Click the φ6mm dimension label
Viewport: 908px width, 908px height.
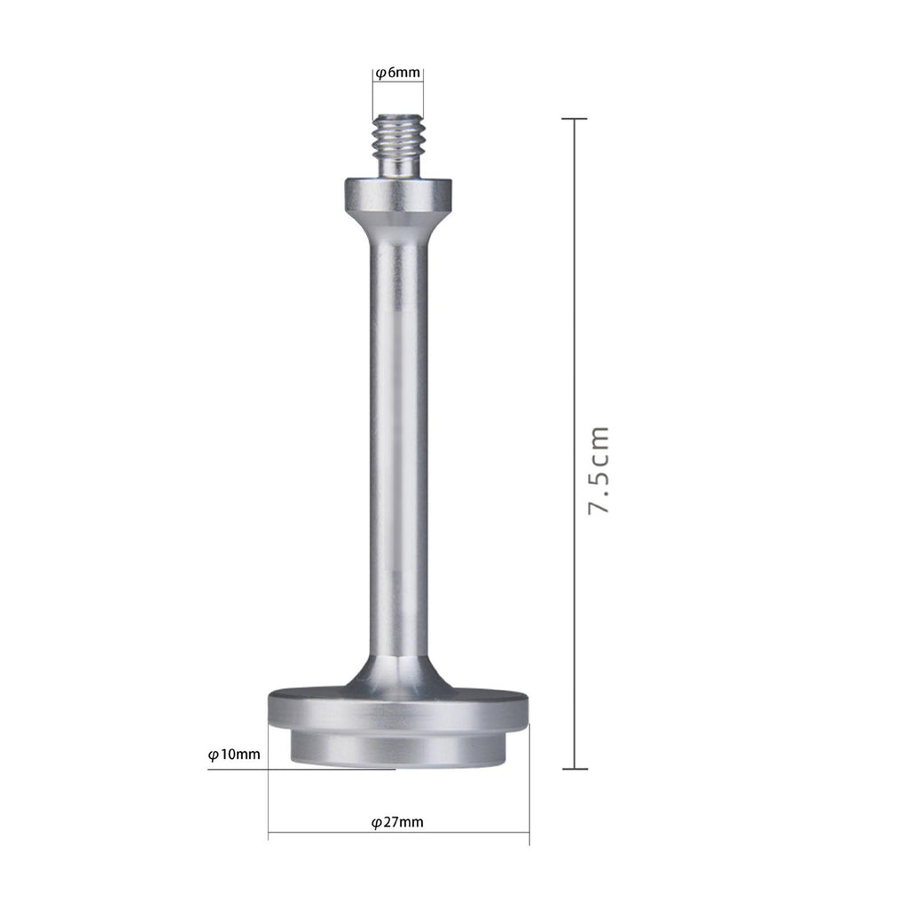pyautogui.click(x=398, y=73)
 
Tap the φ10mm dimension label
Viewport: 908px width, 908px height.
pyautogui.click(x=234, y=755)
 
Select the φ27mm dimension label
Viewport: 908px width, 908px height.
pyautogui.click(x=397, y=822)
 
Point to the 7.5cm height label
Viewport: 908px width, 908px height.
pyautogui.click(x=599, y=470)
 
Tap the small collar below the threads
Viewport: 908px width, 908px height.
pyautogui.click(x=398, y=194)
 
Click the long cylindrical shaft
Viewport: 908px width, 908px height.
pyautogui.click(x=398, y=446)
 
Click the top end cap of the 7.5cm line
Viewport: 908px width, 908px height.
pyautogui.click(x=575, y=119)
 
